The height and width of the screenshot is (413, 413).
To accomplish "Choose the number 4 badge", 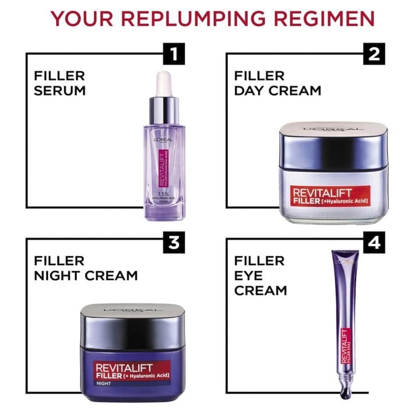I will (374, 243).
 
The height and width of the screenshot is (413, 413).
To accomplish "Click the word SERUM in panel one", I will (60, 91).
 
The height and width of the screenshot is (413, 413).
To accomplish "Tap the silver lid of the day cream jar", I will (329, 141).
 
